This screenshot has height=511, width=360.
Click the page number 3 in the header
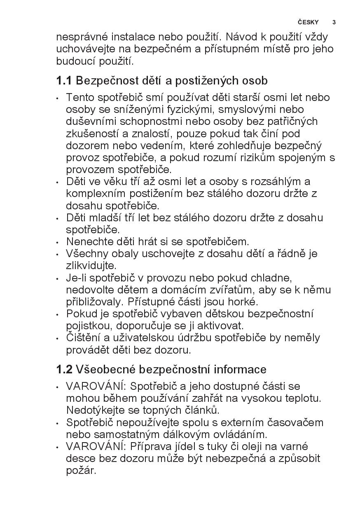pyautogui.click(x=334, y=22)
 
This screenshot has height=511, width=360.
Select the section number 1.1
pyautogui.click(x=64, y=81)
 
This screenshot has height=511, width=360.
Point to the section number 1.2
pyautogui.click(x=64, y=369)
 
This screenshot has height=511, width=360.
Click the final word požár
pyautogui.click(x=81, y=471)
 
